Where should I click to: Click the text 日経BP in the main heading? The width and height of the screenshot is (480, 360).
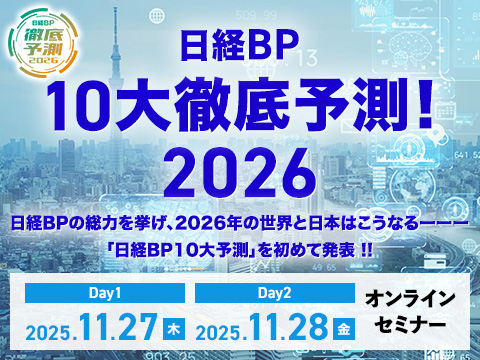click(x=239, y=48)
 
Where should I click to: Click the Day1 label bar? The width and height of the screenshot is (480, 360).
click(x=103, y=295)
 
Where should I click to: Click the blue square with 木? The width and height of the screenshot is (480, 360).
click(x=176, y=331)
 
